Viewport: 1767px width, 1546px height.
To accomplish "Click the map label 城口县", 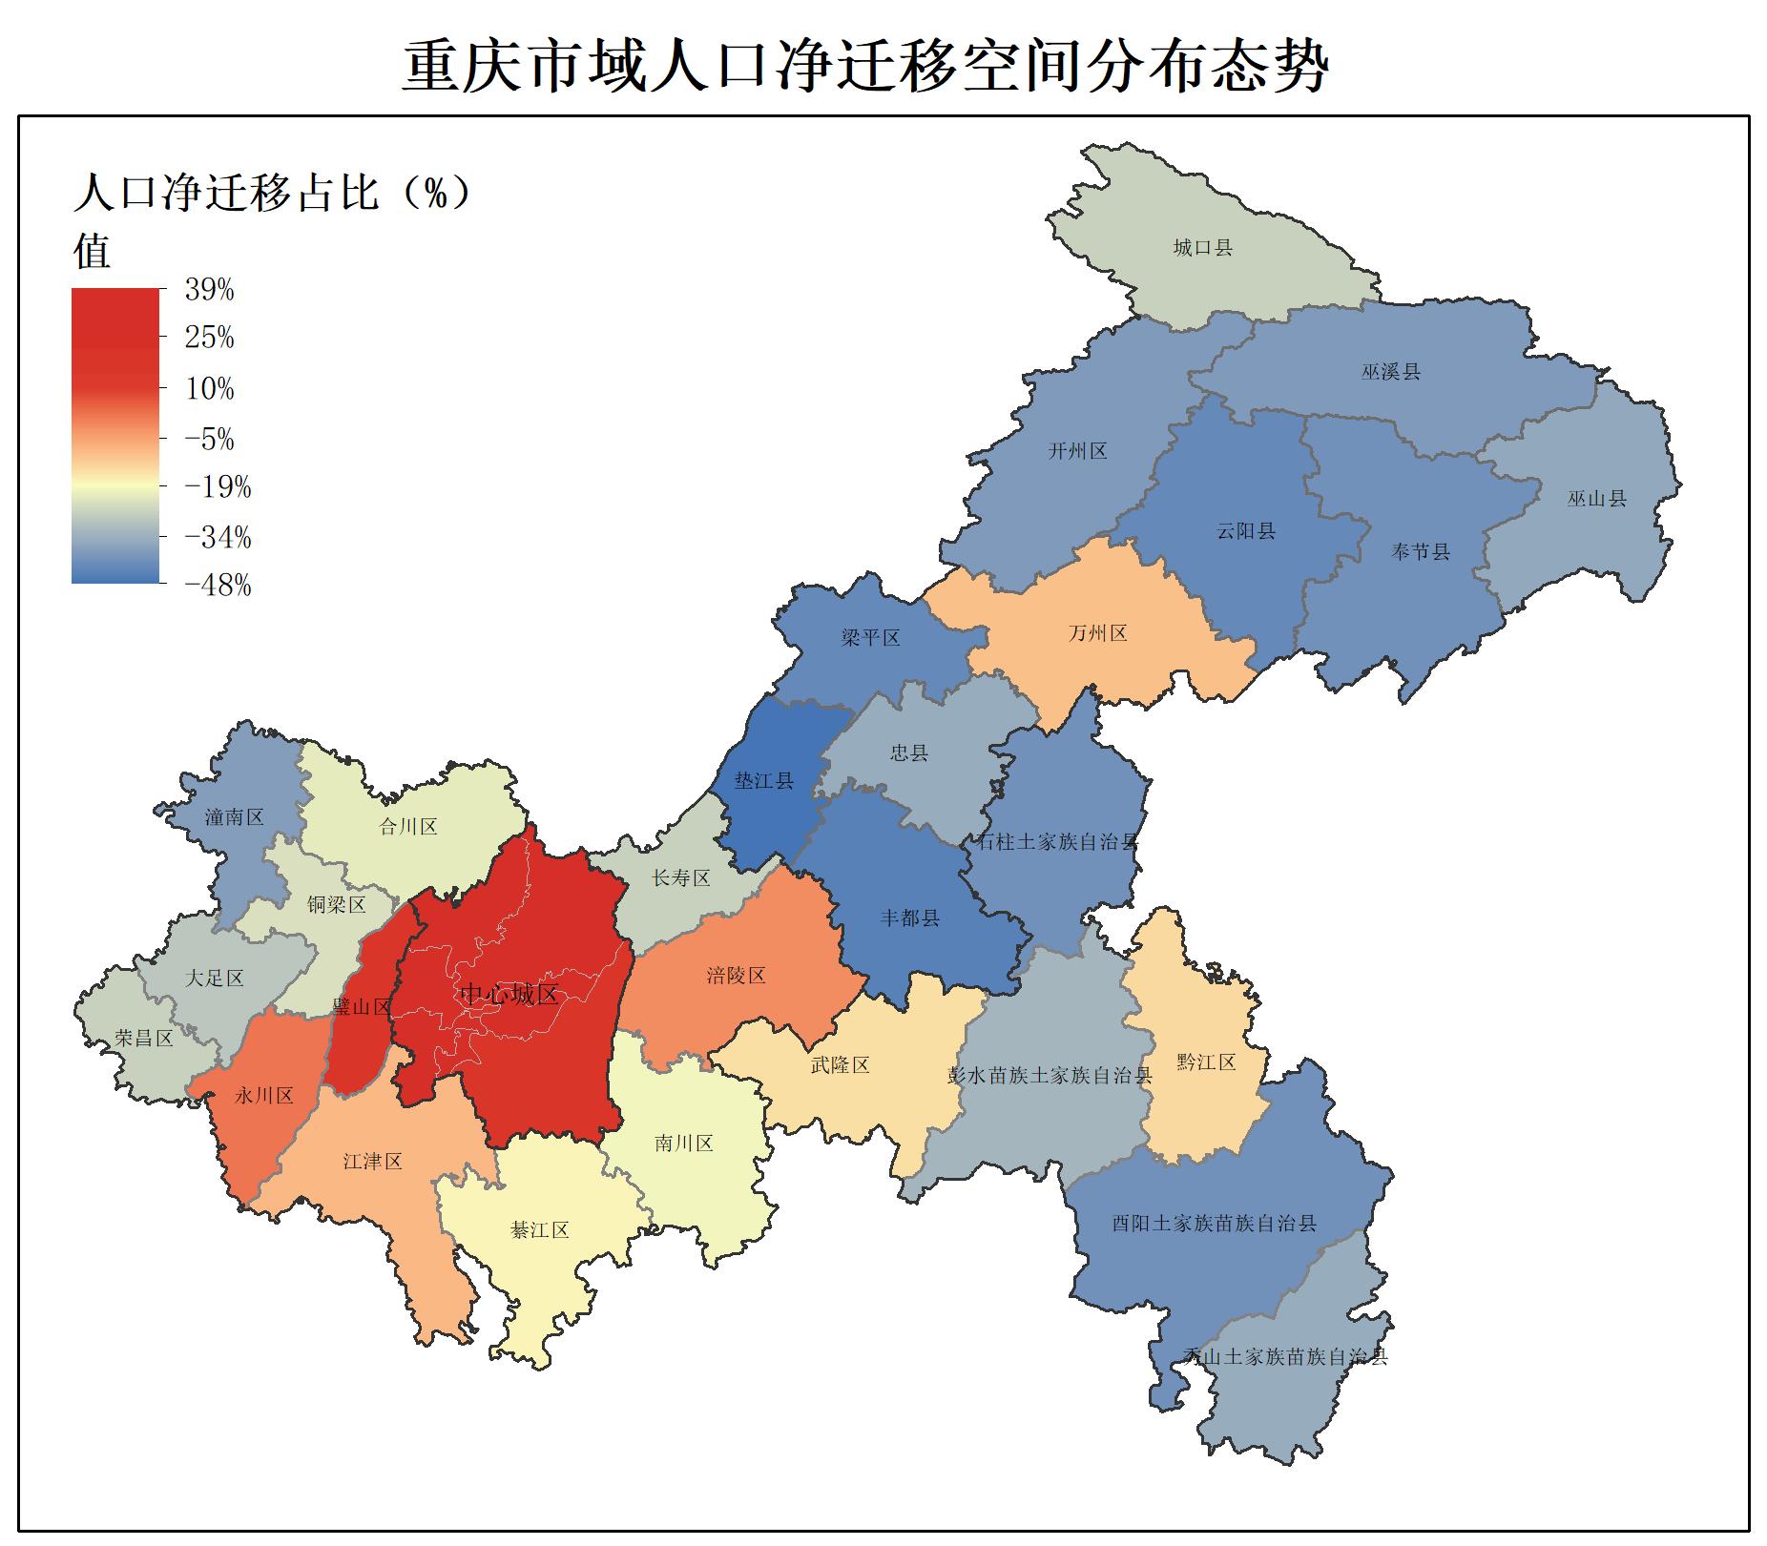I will point(1202,248).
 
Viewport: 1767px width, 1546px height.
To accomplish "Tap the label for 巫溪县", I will point(1390,372).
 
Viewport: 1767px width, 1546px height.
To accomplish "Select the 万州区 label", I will point(1097,633).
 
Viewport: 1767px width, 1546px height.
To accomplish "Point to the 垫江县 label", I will point(763,781).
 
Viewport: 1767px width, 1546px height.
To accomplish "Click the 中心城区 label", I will point(509,995).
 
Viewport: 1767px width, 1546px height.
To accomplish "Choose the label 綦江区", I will point(540,1230).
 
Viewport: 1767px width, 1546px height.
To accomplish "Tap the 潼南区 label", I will point(234,817).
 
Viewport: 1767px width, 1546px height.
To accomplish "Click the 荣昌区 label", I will point(144,1038).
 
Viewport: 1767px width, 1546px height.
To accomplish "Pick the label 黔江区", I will point(1206,1062).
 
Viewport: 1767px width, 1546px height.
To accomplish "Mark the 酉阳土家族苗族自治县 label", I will point(1214,1223).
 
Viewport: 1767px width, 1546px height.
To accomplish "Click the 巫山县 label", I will point(1596,498).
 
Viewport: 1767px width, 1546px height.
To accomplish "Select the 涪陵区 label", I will point(736,976).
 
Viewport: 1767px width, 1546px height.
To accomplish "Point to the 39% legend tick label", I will point(209,290).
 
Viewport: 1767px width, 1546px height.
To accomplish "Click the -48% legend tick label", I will point(218,586).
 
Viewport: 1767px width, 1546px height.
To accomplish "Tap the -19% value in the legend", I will point(218,487).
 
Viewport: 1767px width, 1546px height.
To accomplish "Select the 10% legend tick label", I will point(209,389).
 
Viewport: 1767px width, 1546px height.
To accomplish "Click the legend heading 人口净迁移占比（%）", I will point(273,193).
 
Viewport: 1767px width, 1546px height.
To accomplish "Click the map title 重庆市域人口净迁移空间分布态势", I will point(864,67).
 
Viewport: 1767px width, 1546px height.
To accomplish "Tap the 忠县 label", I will point(908,753).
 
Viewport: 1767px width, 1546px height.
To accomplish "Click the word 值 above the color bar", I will point(93,251).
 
